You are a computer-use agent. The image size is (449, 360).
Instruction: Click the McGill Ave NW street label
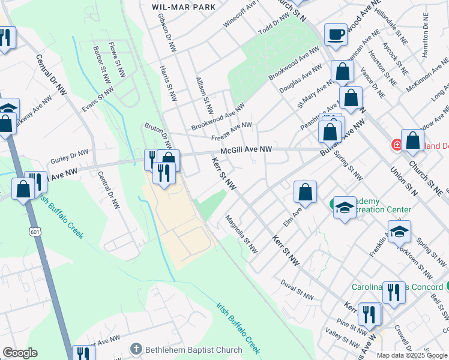(246, 150)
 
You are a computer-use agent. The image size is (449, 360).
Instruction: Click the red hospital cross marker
(396, 145)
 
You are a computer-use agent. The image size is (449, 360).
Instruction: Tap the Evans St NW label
(98, 98)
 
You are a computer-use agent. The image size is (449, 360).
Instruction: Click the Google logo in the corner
(20, 353)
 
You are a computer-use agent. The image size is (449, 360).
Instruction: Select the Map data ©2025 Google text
(411, 355)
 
